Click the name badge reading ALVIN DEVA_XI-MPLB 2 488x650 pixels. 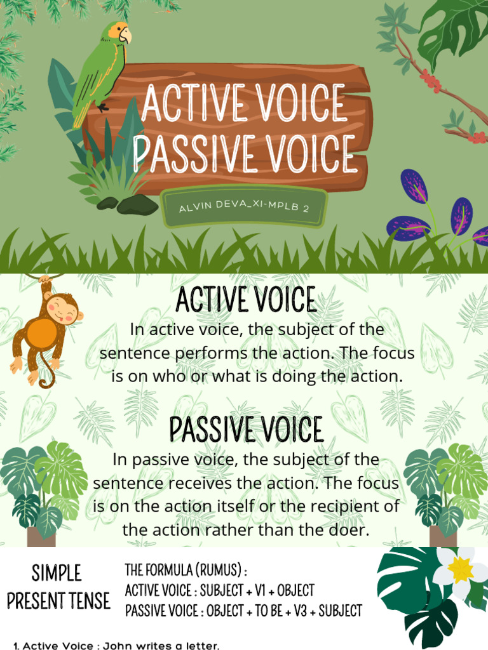point(244,207)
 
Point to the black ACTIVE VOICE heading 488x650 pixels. point(245,300)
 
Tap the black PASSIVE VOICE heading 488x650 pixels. point(246,429)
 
